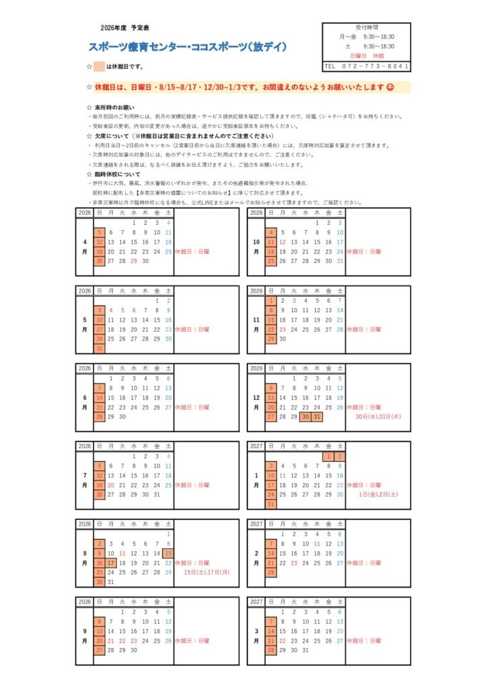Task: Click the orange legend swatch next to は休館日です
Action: (x=99, y=67)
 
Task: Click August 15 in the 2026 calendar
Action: (x=168, y=553)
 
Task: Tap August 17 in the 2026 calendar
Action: (x=111, y=563)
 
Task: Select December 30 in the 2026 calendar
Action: (x=305, y=416)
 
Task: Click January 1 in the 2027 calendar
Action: (x=328, y=456)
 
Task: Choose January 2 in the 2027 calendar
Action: (x=340, y=456)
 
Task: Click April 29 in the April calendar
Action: (x=134, y=260)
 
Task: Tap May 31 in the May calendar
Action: (x=100, y=349)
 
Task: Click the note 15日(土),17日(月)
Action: (x=207, y=572)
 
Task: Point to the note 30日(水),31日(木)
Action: (x=378, y=416)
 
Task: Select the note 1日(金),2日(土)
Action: (x=378, y=495)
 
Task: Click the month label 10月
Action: (x=256, y=246)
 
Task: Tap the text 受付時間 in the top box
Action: (x=367, y=28)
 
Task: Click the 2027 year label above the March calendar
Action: (x=256, y=602)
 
